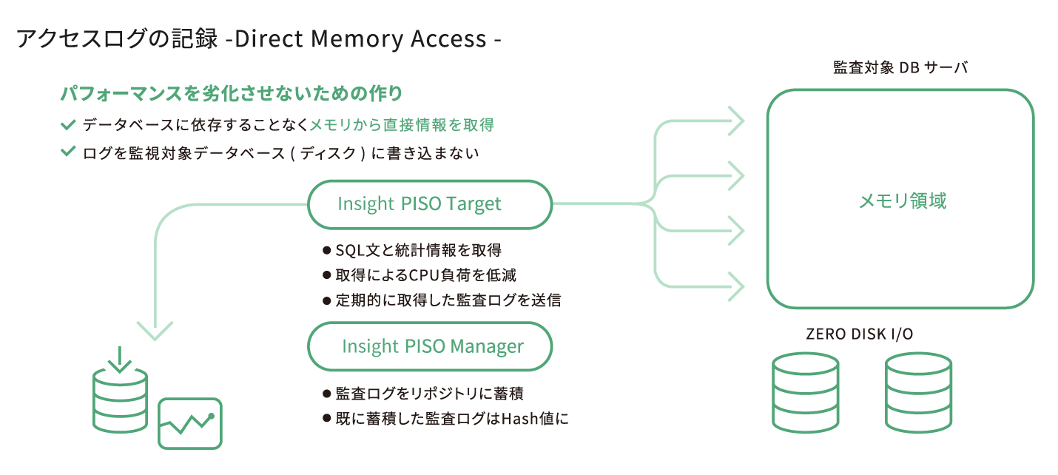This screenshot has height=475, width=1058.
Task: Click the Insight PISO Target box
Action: (429, 203)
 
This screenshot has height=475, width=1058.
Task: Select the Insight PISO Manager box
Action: (429, 346)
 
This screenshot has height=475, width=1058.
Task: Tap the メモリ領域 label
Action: (902, 201)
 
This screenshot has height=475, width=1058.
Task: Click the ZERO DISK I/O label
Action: (859, 334)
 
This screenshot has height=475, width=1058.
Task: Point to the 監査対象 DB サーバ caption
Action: (900, 68)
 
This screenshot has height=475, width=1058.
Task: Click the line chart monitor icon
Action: (190, 423)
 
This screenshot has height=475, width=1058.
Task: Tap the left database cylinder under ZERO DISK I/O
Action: (805, 392)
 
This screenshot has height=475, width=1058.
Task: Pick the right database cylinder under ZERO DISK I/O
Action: (918, 392)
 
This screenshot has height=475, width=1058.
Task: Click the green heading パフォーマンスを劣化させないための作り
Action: (231, 94)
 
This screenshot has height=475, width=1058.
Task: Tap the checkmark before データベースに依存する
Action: (69, 124)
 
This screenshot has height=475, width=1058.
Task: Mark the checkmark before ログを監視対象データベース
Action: (69, 152)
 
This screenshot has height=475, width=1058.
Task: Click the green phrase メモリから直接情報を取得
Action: (402, 125)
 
